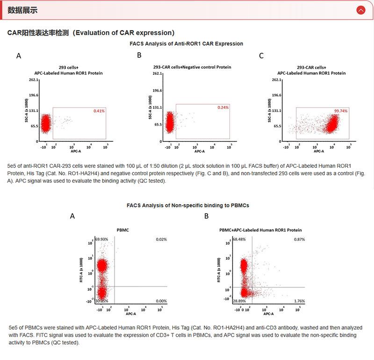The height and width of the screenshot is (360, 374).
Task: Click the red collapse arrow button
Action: point(360,10)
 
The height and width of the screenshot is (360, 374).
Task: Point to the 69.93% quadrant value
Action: point(101,239)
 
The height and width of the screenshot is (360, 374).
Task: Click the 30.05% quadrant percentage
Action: point(101,302)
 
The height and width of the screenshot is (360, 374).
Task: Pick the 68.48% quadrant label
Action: point(239,240)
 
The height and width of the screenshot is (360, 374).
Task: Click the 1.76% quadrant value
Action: point(299,302)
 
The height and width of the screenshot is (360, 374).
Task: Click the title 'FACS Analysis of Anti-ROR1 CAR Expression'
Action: point(186,43)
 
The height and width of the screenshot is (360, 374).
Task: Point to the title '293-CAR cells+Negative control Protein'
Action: point(192,67)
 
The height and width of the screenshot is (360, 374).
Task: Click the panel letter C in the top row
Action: point(261,56)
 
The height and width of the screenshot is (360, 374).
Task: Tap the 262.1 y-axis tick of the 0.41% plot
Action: point(33,80)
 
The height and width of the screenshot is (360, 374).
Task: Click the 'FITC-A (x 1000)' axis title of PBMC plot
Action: point(81,269)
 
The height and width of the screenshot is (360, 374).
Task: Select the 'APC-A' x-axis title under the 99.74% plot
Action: point(319,151)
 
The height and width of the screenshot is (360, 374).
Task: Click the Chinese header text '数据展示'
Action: point(23,10)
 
